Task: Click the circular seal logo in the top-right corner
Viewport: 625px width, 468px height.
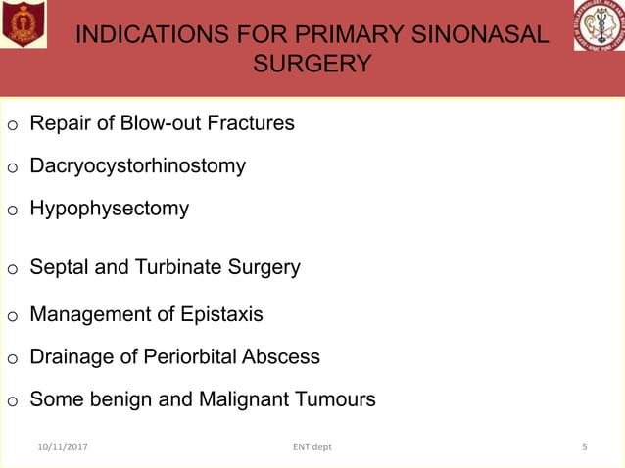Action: coord(599,25)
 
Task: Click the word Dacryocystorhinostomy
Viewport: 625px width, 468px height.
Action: coord(137,165)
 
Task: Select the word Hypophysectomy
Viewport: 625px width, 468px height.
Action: coord(109,209)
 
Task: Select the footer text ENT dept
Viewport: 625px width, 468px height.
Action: coord(312,447)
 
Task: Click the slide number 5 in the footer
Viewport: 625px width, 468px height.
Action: coord(585,447)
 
